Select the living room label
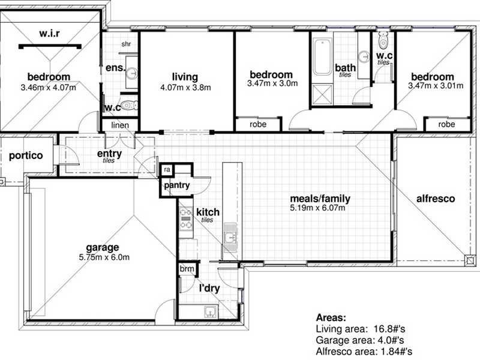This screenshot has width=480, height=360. pos(185,77)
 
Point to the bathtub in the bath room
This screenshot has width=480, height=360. pos(322,57)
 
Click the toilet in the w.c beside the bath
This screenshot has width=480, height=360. pos(384,41)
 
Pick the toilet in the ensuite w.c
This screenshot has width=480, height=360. pos(128,107)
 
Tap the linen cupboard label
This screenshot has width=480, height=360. pos(121,125)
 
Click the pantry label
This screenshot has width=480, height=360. pos(176,186)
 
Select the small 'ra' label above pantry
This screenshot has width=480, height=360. pos(166,170)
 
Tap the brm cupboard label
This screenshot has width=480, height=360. pos(187,269)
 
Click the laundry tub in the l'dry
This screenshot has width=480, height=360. pos(210,311)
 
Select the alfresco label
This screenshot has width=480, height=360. pos(435,199)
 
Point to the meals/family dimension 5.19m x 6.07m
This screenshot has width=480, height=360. pos(319,208)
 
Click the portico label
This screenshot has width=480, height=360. pos(26,155)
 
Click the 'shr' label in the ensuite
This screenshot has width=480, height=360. pos(126,44)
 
